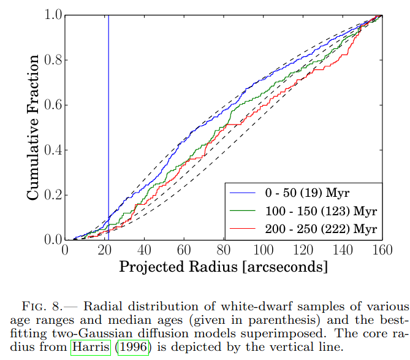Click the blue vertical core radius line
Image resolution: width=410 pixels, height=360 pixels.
click(108, 123)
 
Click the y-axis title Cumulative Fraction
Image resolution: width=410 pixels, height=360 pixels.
click(34, 127)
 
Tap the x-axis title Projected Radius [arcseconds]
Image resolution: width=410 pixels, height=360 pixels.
click(223, 267)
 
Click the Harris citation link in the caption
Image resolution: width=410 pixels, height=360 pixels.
click(91, 347)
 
